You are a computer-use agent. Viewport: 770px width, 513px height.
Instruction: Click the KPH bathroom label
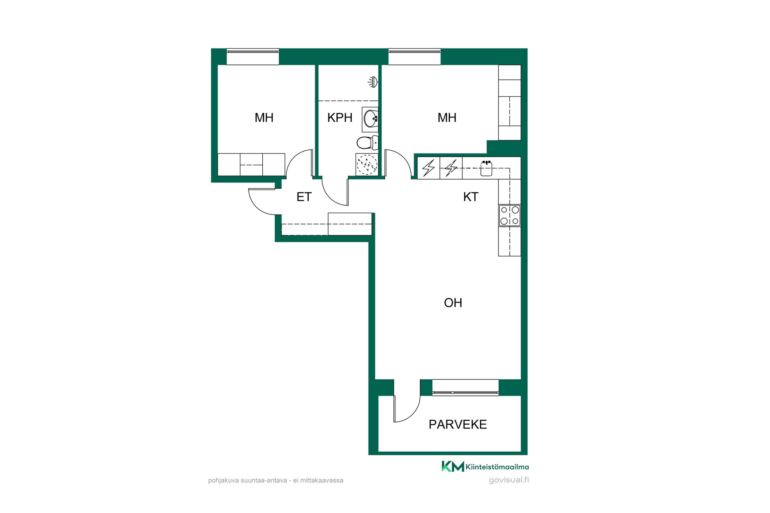click(x=340, y=118)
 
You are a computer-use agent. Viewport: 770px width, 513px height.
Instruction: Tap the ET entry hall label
click(x=304, y=197)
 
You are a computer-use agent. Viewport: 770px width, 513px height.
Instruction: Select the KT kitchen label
click(x=471, y=197)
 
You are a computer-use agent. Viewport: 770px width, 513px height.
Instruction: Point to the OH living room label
click(x=453, y=303)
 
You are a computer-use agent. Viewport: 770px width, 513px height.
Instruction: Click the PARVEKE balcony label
click(x=458, y=424)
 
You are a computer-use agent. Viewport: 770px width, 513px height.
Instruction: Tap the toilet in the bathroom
click(x=367, y=142)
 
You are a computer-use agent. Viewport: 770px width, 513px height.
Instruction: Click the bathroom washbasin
click(x=370, y=119)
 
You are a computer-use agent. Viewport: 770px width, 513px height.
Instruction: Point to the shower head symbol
click(x=373, y=82)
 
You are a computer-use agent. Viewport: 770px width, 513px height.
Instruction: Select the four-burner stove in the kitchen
click(x=510, y=216)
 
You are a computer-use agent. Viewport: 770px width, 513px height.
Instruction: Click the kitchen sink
click(x=486, y=168)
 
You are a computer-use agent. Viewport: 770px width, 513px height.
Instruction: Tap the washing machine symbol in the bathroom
click(x=367, y=165)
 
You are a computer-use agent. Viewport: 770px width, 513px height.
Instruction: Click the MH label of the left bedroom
click(x=264, y=118)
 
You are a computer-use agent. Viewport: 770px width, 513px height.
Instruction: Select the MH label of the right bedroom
click(x=447, y=118)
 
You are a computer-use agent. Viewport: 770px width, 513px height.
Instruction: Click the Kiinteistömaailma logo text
click(x=497, y=467)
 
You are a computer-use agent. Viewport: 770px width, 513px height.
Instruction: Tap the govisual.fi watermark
click(x=509, y=480)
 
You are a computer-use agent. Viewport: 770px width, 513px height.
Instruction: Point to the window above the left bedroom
click(x=253, y=57)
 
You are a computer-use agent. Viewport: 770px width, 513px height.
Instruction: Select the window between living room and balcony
click(x=465, y=388)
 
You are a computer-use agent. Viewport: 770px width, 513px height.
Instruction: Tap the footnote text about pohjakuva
click(x=276, y=480)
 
